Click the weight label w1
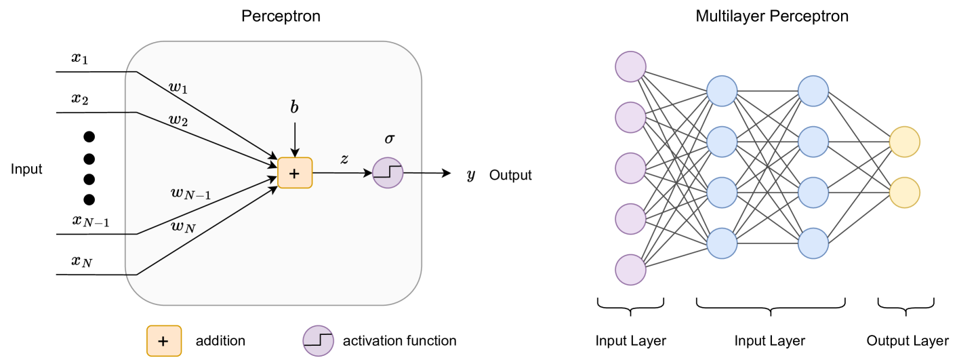178,87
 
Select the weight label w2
178,121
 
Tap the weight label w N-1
190,194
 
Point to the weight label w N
183,227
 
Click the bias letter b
294,108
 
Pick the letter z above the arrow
344,159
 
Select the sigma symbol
389,138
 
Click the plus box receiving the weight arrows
295,173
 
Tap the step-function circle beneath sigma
388,173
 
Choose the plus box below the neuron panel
164,341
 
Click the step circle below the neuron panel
318,340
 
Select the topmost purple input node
630,66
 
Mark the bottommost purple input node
630,270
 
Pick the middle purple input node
630,168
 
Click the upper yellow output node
904,142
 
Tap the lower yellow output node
904,193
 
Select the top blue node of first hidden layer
722,91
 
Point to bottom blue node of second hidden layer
813,243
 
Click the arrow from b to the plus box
295,139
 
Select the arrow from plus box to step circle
342,173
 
